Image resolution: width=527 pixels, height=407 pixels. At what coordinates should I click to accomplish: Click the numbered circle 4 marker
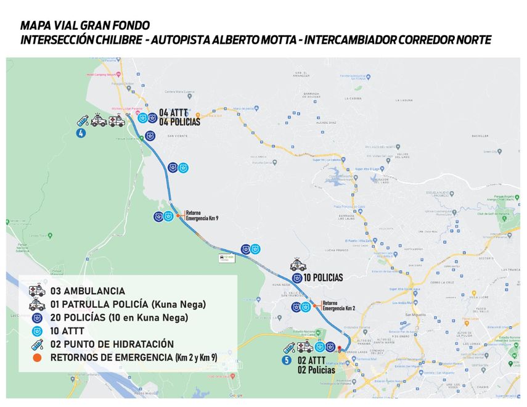pyautogui.click(x=81, y=133)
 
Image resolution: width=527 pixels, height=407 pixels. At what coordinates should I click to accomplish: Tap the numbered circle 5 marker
pyautogui.click(x=287, y=361)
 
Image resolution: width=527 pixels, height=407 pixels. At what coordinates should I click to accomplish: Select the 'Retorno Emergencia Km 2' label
pyautogui.click(x=338, y=306)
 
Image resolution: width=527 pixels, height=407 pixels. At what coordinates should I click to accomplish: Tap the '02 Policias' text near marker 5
pyautogui.click(x=316, y=370)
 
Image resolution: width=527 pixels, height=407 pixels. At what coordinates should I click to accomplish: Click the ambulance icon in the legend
pyautogui.click(x=37, y=290)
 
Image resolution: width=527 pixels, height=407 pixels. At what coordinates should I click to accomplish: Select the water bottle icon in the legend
pyautogui.click(x=37, y=344)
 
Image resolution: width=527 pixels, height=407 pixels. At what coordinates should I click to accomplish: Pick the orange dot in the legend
pyautogui.click(x=37, y=358)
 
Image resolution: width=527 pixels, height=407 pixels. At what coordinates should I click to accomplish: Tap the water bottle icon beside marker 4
pyautogui.click(x=83, y=121)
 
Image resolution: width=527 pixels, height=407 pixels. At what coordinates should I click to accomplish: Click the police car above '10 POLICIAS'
pyautogui.click(x=298, y=265)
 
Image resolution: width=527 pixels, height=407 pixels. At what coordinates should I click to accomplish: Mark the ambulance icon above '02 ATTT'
pyautogui.click(x=304, y=347)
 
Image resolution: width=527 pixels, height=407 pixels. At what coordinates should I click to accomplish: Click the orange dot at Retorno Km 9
pyautogui.click(x=178, y=216)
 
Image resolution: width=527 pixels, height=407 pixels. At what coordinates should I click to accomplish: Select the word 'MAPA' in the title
pyautogui.click(x=35, y=25)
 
